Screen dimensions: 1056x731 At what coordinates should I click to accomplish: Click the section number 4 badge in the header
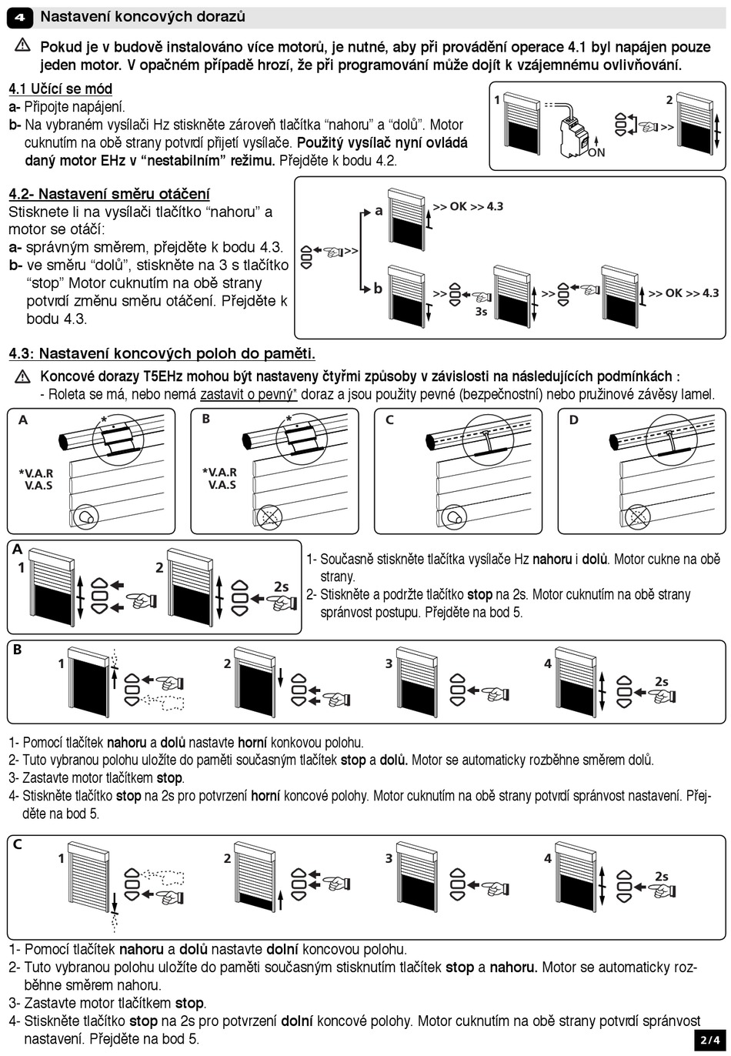(x=20, y=16)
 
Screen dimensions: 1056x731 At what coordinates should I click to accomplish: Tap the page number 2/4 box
(x=711, y=1039)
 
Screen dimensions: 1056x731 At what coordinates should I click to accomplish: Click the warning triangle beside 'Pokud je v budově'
(x=21, y=46)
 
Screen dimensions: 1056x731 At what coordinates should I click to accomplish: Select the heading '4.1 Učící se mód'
(x=60, y=89)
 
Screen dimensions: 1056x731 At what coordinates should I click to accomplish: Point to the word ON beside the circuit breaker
(x=596, y=152)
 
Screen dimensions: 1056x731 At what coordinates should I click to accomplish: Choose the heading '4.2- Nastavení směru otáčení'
(x=109, y=194)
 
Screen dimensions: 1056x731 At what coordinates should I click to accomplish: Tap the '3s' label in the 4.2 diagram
(x=481, y=311)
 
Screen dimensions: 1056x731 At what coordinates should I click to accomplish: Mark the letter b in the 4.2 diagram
(x=378, y=289)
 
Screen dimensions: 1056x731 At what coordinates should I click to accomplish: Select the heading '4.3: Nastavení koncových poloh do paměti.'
(x=162, y=354)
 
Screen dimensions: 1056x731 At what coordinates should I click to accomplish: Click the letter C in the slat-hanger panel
(x=389, y=420)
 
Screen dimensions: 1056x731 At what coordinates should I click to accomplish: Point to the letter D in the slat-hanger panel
(x=573, y=420)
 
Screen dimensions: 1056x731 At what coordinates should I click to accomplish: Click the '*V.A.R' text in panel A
(x=35, y=473)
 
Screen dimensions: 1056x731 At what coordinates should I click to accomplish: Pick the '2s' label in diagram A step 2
(x=281, y=586)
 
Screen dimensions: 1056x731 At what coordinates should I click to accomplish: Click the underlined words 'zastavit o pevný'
(x=247, y=395)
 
